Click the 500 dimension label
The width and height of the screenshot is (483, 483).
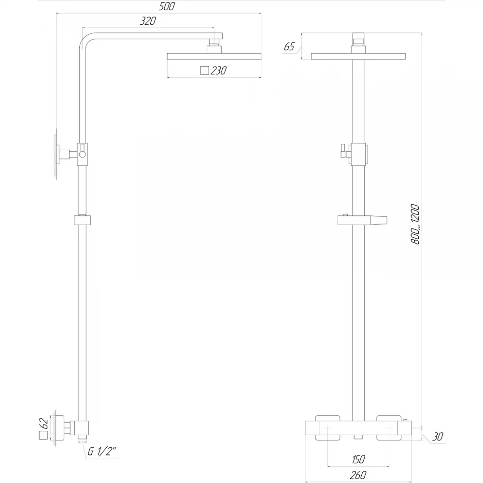(x=167, y=6)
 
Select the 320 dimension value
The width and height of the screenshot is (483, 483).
(x=148, y=21)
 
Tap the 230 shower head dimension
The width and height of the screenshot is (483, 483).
(x=218, y=71)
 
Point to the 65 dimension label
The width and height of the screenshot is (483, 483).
(x=289, y=46)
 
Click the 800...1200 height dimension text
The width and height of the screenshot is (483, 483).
(x=415, y=224)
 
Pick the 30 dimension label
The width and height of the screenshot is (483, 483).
(x=438, y=437)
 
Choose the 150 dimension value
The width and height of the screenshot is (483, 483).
(x=358, y=459)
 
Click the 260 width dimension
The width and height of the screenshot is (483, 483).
(x=358, y=475)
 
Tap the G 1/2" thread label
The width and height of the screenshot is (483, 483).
(x=102, y=452)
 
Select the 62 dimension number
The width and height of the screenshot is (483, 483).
(x=44, y=423)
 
